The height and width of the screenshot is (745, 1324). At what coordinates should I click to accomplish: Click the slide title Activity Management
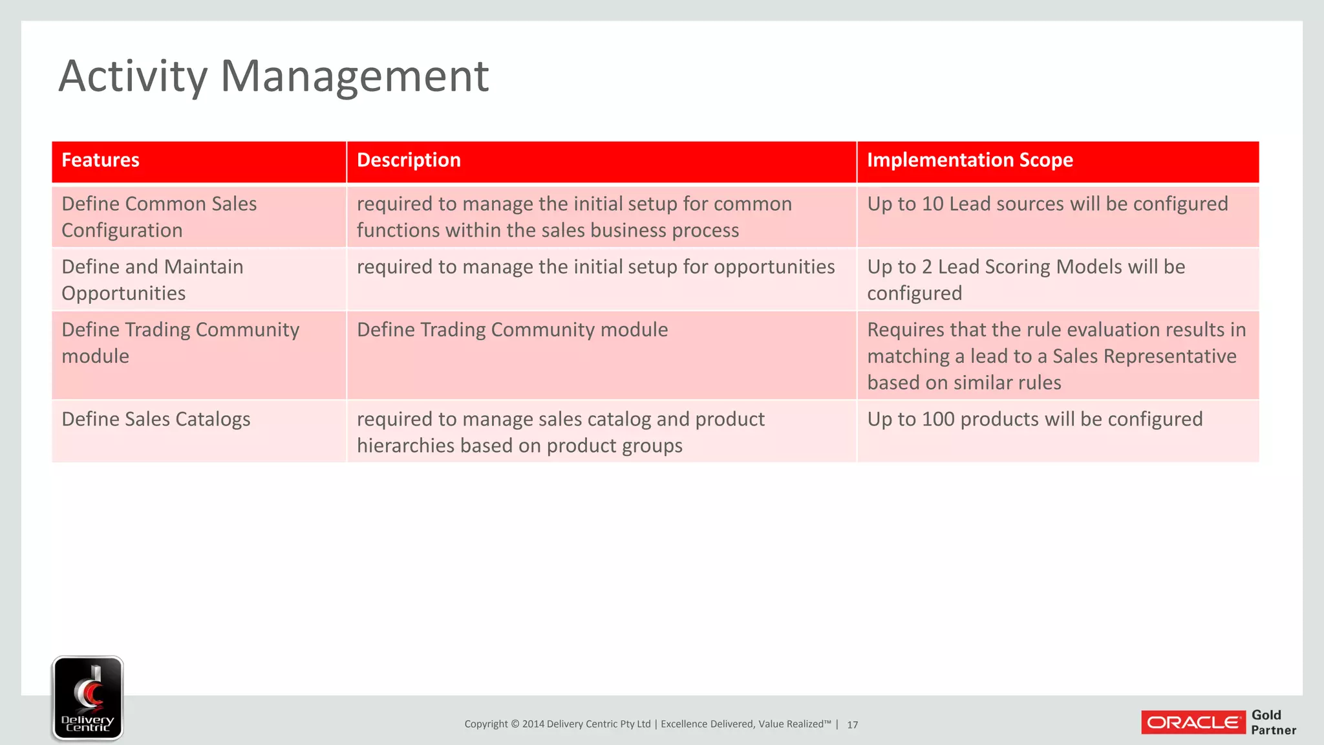(273, 76)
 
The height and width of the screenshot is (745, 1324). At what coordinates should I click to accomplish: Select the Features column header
(100, 160)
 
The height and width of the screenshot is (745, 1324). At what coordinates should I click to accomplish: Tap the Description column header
(409, 160)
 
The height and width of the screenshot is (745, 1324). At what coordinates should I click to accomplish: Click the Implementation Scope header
(969, 160)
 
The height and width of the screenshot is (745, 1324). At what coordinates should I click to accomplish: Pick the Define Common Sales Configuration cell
(159, 217)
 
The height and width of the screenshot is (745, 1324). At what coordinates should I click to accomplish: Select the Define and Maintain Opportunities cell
(153, 279)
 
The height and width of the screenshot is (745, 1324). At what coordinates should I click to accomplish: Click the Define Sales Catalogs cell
(156, 420)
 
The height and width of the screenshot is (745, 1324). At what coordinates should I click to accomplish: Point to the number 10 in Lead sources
(932, 204)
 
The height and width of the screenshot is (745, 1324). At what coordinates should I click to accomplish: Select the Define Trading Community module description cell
(512, 330)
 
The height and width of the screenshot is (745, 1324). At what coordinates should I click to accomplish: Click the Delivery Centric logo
(87, 698)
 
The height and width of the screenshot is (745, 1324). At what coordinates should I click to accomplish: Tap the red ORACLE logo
(1193, 722)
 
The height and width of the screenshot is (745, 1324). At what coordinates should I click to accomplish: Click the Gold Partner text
(1272, 722)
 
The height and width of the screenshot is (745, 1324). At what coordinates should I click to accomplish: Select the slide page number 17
(852, 725)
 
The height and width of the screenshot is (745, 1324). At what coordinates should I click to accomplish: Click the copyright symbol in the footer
(515, 724)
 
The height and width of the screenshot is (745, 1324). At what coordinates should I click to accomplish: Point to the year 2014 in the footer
(533, 724)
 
